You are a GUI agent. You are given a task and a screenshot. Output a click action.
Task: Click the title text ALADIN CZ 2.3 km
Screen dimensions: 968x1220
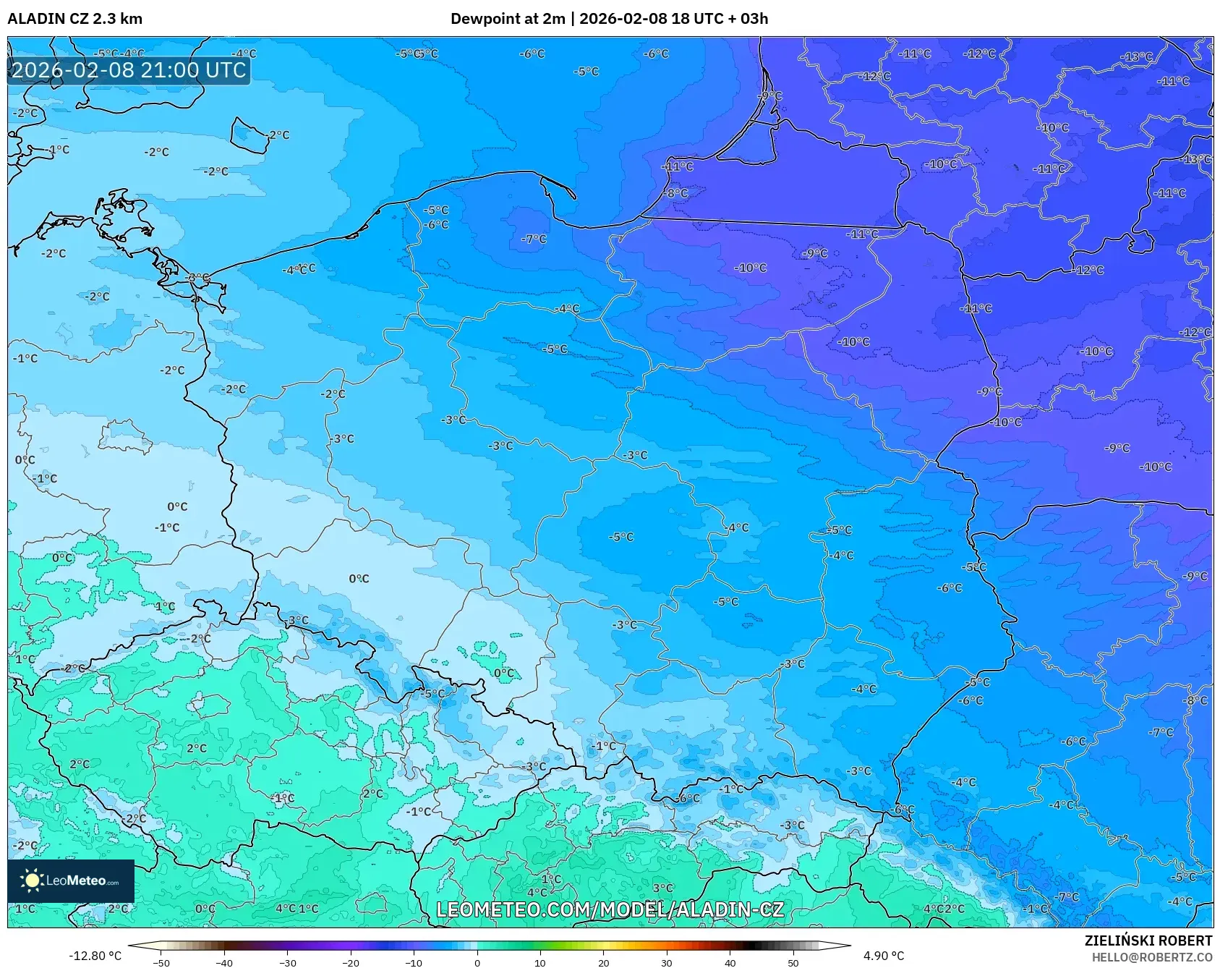click(x=74, y=19)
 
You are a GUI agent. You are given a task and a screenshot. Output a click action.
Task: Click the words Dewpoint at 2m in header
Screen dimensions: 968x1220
click(x=507, y=19)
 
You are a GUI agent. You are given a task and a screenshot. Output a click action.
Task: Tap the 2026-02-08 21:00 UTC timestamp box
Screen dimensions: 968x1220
click(x=129, y=70)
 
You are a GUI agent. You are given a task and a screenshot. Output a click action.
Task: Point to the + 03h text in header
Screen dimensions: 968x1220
click(x=748, y=19)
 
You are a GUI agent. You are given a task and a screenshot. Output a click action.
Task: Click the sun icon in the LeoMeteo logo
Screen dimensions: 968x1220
click(x=32, y=880)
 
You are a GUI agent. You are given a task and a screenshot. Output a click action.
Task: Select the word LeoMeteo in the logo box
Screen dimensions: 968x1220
click(x=76, y=880)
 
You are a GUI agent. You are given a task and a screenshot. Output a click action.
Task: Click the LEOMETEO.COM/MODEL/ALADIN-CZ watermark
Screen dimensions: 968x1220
click(x=610, y=909)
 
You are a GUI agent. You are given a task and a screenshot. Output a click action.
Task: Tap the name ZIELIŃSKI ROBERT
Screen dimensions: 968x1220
click(x=1148, y=941)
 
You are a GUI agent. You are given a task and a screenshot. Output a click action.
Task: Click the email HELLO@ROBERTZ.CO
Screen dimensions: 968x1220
click(x=1151, y=957)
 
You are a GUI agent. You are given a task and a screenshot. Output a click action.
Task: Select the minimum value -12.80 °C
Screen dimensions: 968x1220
click(x=95, y=956)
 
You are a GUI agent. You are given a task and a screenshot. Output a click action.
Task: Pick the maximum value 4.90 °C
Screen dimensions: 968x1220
click(x=883, y=956)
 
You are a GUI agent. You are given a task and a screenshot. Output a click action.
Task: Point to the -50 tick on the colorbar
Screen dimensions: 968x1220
click(x=161, y=963)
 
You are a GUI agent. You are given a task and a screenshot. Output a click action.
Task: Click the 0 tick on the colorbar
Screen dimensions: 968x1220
click(x=477, y=963)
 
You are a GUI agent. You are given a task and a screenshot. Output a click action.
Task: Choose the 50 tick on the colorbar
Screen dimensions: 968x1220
click(x=793, y=963)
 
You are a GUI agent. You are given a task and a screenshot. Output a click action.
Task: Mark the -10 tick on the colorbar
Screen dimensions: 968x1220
click(x=414, y=963)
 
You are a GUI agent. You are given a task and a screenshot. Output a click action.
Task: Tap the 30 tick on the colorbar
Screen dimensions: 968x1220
click(x=667, y=963)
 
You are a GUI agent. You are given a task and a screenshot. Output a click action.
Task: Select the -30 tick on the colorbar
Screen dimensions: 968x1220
click(x=288, y=963)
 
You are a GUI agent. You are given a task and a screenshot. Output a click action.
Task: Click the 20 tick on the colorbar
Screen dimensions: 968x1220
click(x=603, y=963)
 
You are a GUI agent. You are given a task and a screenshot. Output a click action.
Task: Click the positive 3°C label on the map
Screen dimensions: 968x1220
click(x=662, y=888)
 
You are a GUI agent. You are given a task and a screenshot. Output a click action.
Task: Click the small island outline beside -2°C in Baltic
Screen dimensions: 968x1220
click(x=249, y=135)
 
